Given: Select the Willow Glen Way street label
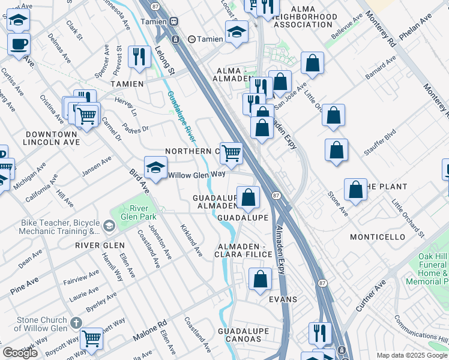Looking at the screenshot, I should pos(196,175).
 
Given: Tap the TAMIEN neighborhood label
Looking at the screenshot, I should pos(127,84).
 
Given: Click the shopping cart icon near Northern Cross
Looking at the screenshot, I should pos(231,153).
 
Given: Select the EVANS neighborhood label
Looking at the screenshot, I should pos(283,298).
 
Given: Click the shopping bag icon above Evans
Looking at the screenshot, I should pos(260,279).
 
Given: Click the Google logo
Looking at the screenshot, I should pos(20,353).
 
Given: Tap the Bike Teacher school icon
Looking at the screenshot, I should pos(109,226).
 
